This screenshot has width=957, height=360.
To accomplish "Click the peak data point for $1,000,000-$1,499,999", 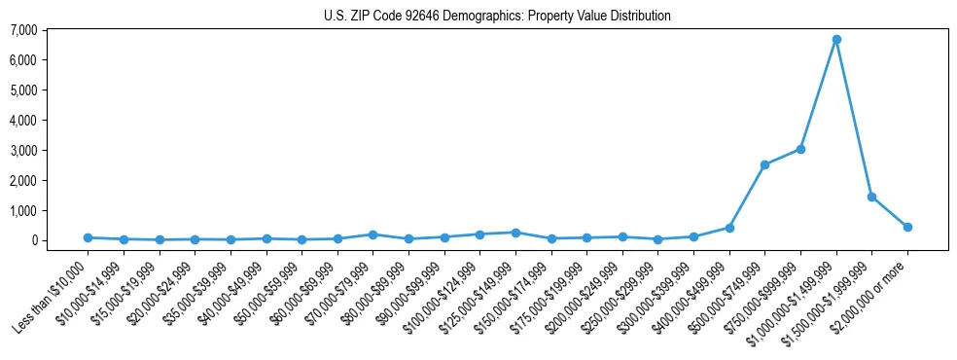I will click(835, 39).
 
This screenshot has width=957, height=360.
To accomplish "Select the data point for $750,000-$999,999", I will click(800, 149).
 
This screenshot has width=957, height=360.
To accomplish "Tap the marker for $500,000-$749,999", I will click(764, 164).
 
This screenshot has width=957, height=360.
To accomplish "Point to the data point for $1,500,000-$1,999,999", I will click(871, 197).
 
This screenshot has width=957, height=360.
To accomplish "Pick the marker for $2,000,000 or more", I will click(907, 227).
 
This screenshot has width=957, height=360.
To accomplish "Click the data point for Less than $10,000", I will click(88, 237).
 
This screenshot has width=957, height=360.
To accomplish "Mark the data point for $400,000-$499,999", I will click(729, 228).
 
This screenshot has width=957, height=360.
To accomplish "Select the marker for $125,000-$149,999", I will click(515, 233).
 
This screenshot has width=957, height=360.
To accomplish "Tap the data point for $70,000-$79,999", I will click(372, 234).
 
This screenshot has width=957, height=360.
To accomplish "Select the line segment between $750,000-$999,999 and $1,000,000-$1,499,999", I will click(818, 94).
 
